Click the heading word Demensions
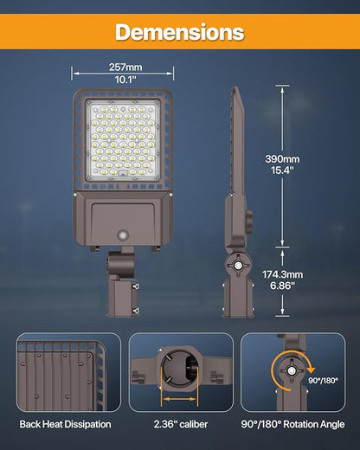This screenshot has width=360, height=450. (x=180, y=32)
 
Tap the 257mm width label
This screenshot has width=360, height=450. (x=126, y=67)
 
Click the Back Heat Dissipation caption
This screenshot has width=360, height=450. (x=65, y=424)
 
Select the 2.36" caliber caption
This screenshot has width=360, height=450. (x=180, y=424)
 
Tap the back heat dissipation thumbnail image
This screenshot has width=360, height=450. (x=65, y=372)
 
